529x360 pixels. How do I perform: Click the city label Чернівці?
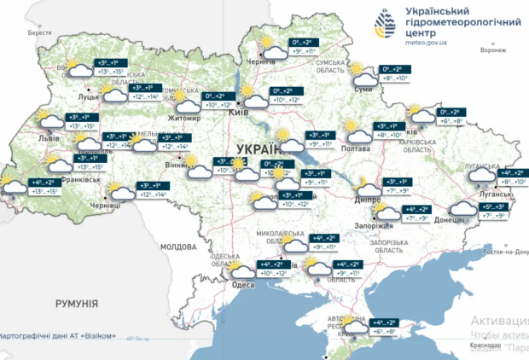coord(105,206)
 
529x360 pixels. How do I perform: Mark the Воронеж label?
coord(493,49)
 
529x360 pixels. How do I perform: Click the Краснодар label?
coord(484,345)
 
